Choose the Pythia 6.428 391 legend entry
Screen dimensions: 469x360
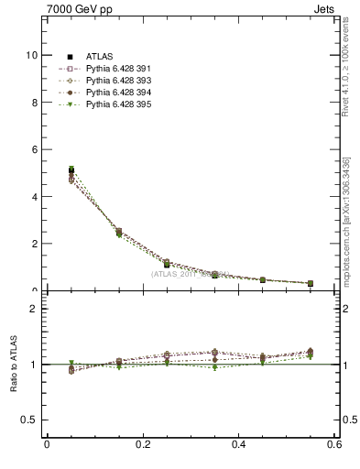(x=104, y=69)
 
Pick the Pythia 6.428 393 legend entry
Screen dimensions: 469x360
(x=104, y=81)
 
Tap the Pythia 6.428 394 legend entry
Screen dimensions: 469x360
(x=104, y=93)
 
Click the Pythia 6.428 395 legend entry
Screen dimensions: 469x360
(x=104, y=104)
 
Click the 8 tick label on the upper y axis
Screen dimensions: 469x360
(x=34, y=103)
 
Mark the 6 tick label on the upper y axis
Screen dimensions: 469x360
(x=34, y=149)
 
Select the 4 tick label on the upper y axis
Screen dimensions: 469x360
(x=34, y=197)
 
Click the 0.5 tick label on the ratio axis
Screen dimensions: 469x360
(x=29, y=420)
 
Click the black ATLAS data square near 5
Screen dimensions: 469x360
(x=71, y=170)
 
